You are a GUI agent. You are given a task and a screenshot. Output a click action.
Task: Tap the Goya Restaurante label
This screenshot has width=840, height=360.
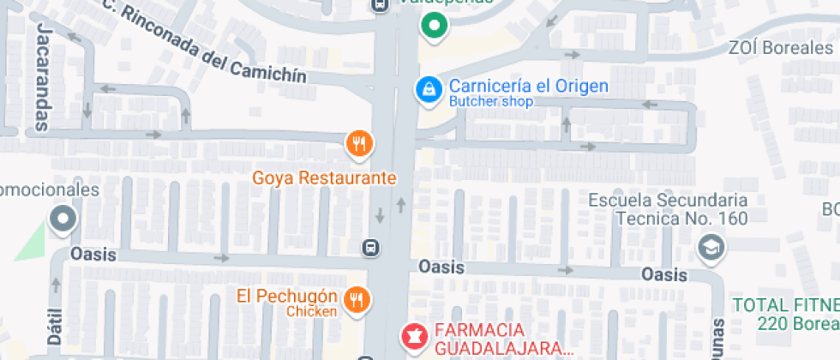[325, 178]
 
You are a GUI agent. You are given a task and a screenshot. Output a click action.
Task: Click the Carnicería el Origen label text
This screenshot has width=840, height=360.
[529, 86]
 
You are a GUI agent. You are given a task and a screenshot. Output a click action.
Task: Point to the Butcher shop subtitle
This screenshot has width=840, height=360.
[491, 102]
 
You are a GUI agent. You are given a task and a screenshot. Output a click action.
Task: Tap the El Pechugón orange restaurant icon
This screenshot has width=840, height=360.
[356, 299]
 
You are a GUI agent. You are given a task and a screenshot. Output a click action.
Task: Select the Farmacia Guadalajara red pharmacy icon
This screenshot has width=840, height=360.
[413, 335]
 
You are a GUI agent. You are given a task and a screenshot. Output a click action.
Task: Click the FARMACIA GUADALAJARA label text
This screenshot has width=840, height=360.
[503, 339]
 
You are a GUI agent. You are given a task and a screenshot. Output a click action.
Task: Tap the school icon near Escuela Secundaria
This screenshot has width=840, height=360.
[711, 249]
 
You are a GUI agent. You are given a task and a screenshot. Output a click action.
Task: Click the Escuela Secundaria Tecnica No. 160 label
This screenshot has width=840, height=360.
[669, 209]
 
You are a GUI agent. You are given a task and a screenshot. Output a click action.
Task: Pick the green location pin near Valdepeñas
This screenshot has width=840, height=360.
[435, 27]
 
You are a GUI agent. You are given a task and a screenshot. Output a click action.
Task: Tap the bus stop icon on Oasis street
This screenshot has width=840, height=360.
[370, 248]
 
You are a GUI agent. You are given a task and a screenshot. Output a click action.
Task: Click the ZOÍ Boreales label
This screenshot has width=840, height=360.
[779, 48]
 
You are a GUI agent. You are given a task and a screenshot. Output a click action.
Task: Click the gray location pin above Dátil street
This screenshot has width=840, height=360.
[63, 220]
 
